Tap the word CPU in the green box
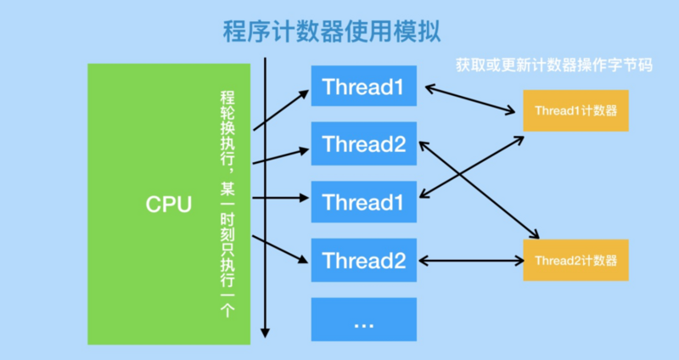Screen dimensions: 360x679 click(x=169, y=205)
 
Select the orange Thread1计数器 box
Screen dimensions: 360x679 click(x=575, y=110)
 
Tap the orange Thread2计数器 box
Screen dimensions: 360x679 click(x=575, y=260)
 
